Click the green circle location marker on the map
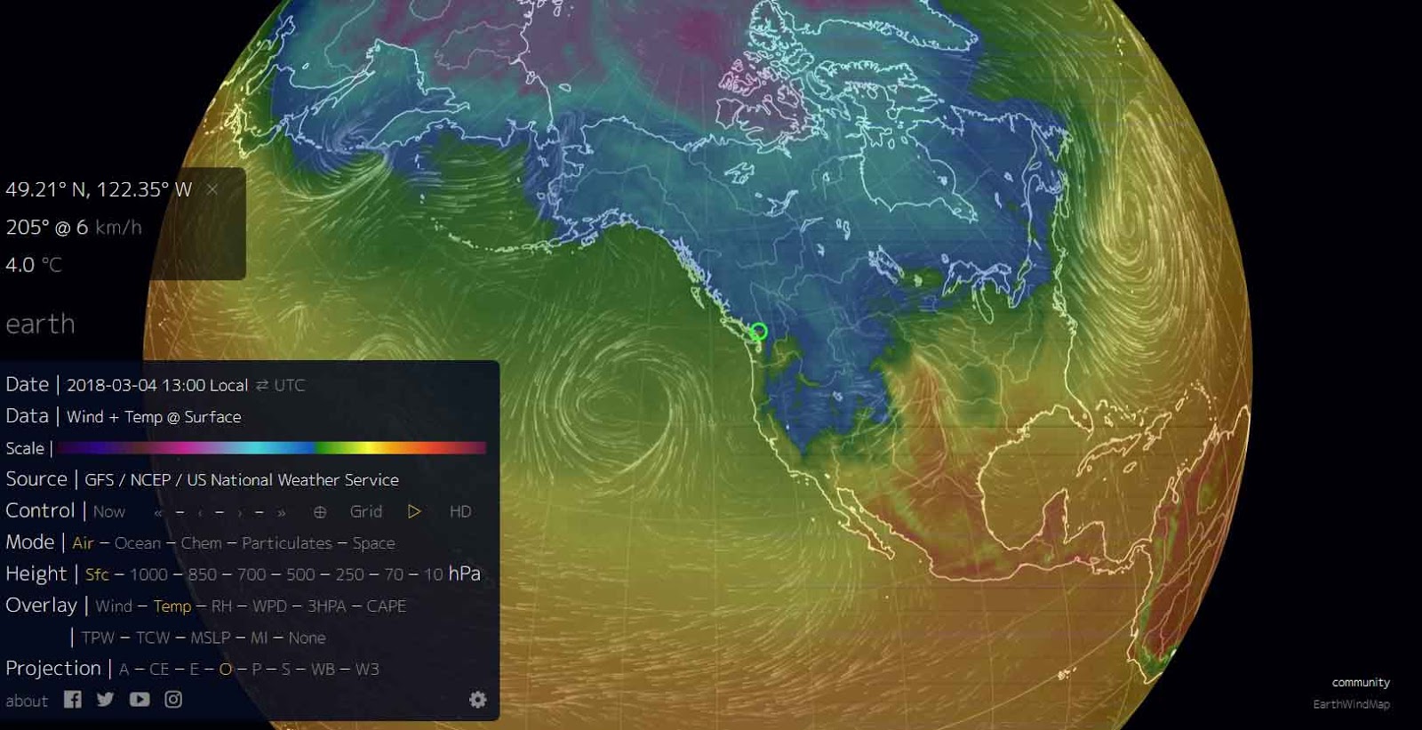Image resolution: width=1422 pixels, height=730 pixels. pyautogui.click(x=758, y=332)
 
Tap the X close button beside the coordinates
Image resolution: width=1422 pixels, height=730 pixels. pyautogui.click(x=212, y=189)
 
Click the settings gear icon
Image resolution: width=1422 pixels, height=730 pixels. pyautogui.click(x=477, y=700)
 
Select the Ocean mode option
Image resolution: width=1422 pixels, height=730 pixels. pyautogui.click(x=138, y=543)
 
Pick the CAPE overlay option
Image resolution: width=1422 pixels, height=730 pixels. pyautogui.click(x=386, y=606)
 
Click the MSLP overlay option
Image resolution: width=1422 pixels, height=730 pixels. pyautogui.click(x=210, y=638)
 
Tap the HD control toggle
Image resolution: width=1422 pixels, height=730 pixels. pyautogui.click(x=459, y=511)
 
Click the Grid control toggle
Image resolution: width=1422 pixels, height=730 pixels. pyautogui.click(x=365, y=511)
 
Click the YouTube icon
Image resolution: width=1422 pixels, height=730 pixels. pyautogui.click(x=140, y=700)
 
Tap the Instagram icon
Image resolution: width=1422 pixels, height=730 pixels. pyautogui.click(x=173, y=700)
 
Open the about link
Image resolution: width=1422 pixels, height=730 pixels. pyautogui.click(x=27, y=701)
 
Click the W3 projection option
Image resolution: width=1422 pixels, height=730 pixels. pyautogui.click(x=367, y=670)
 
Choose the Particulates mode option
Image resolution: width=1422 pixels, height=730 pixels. pyautogui.click(x=286, y=543)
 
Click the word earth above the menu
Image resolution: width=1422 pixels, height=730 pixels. pyautogui.click(x=40, y=324)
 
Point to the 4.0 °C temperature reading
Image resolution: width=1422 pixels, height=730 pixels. pyautogui.click(x=34, y=265)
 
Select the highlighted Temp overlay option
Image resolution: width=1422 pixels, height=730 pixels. pyautogui.click(x=172, y=606)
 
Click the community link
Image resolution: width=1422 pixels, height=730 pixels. pyautogui.click(x=1360, y=682)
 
